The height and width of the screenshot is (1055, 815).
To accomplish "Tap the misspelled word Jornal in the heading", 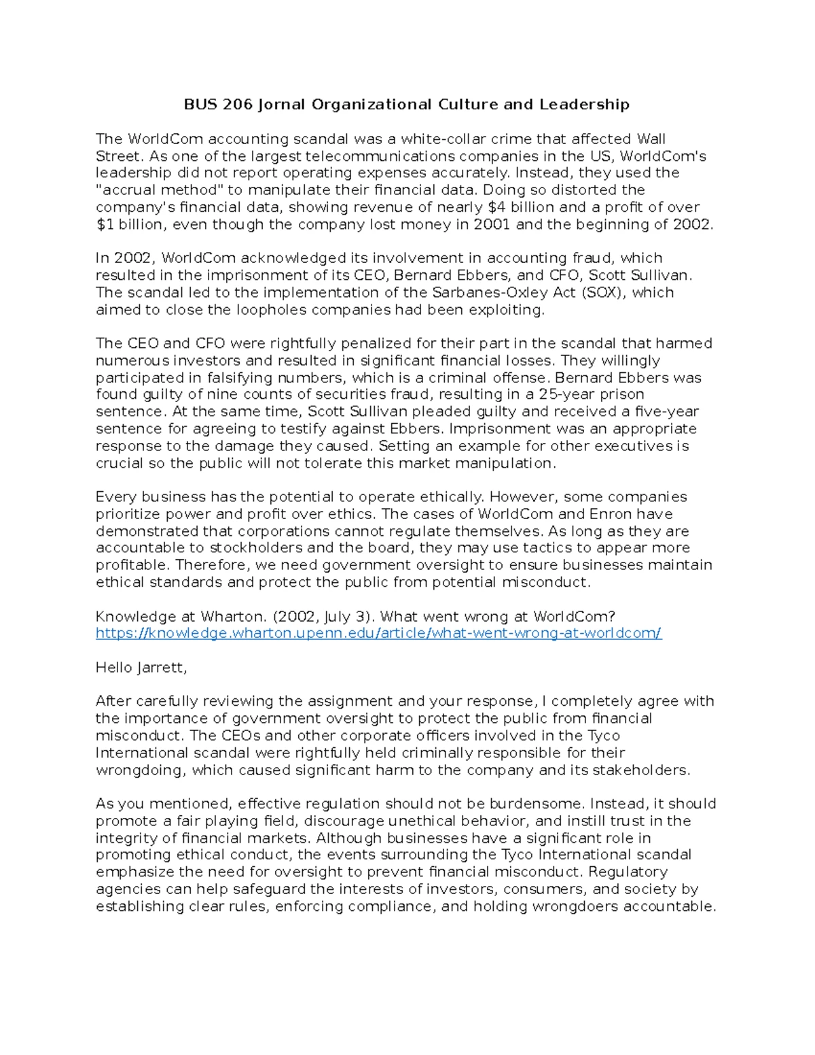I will click(x=281, y=105).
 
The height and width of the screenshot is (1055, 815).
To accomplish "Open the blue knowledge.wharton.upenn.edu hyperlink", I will click(x=378, y=634).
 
